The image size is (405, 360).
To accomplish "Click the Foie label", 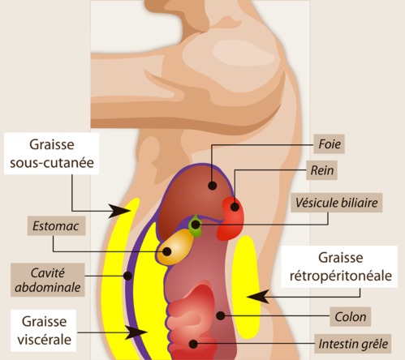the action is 329,144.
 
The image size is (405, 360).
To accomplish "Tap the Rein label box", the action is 321,170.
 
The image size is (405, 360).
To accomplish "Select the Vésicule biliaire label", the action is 337,203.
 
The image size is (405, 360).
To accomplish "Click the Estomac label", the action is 56,226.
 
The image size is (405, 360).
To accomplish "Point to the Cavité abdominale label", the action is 48,280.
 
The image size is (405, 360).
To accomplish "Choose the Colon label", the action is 351,317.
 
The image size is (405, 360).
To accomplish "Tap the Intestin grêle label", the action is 353,344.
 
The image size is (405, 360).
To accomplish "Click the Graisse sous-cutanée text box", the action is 51,153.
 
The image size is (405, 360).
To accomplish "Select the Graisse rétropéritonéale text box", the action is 340,267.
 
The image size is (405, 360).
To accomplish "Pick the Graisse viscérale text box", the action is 44,330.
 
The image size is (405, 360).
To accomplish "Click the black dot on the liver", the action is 213,186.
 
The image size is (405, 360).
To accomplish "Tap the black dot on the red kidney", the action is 235,207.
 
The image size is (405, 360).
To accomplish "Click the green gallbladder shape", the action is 196,225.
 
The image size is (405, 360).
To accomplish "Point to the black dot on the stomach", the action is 167,251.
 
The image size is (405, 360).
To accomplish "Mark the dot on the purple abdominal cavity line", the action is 127,276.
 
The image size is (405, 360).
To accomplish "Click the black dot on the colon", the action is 221,315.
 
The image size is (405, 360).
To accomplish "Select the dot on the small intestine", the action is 193,344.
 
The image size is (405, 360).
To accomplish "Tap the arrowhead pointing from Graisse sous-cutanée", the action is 119,211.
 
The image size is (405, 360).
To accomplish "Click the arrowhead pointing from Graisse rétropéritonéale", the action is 258,297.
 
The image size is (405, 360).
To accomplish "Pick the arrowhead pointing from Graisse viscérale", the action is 136,332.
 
